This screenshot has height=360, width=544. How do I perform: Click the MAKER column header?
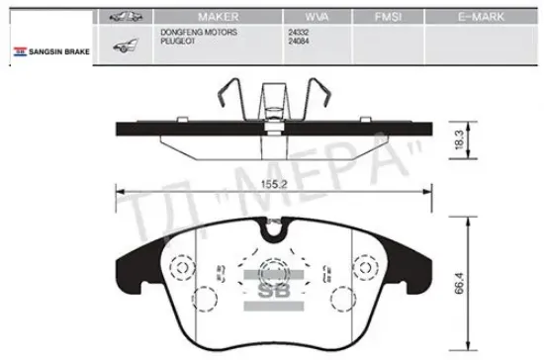[x=219, y=18]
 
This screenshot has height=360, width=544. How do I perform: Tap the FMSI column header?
[x=386, y=18]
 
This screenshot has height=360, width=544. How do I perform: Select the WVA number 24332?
[x=299, y=33]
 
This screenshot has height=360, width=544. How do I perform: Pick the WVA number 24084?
[x=299, y=41]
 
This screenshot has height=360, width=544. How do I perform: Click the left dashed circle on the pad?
[x=179, y=268]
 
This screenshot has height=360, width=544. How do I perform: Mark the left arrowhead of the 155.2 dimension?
[x=120, y=193]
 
